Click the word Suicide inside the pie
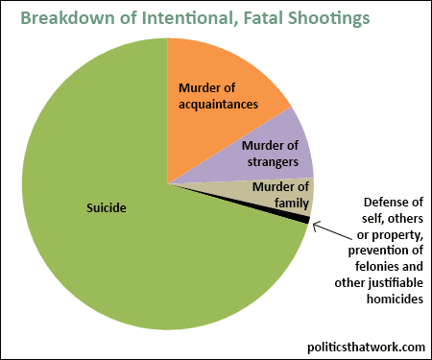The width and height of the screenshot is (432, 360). click(x=107, y=208)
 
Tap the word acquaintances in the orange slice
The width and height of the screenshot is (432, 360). click(x=218, y=105)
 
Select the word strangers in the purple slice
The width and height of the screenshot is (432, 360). click(x=273, y=162)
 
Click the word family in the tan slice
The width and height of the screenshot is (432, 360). click(x=292, y=203)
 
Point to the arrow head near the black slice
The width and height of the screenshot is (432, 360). click(x=314, y=225)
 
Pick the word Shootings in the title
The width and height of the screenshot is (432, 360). click(x=329, y=19)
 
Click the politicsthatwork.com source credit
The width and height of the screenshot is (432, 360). click(x=366, y=347)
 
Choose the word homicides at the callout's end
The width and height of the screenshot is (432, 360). click(x=395, y=299)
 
